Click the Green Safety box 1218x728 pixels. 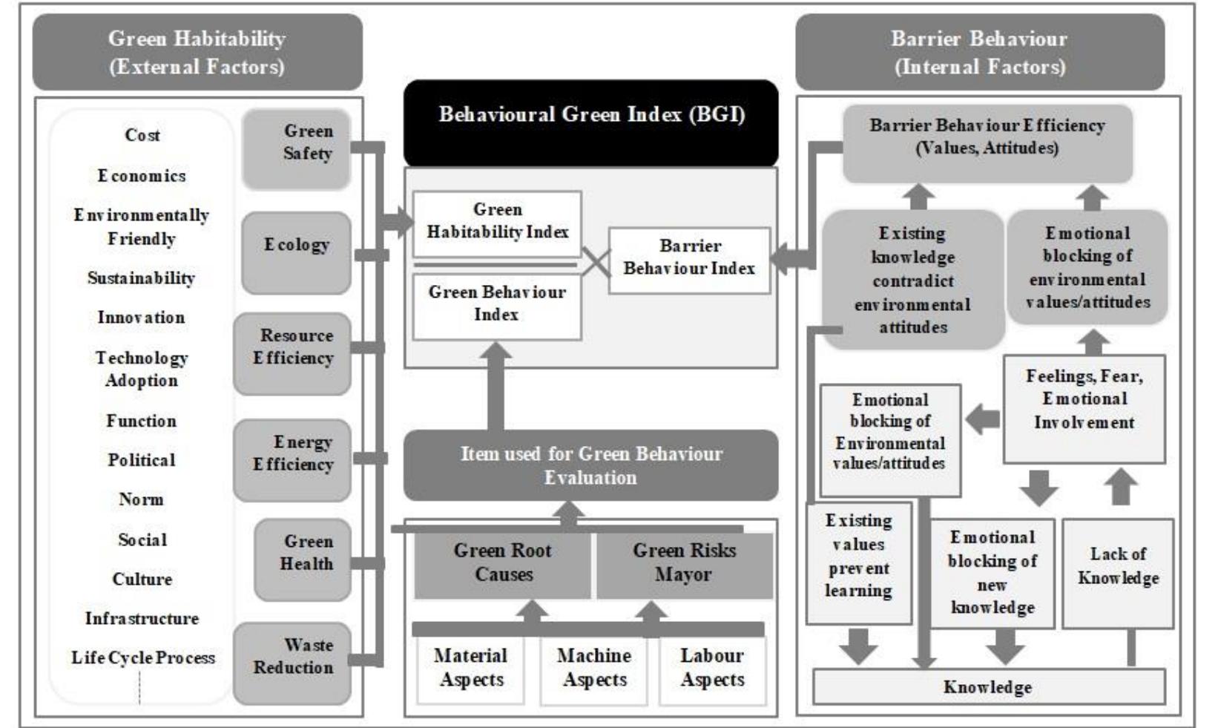[x=297, y=148]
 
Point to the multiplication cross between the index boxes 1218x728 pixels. [x=595, y=262]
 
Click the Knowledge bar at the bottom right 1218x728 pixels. [x=988, y=687]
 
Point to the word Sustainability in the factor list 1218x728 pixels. [x=141, y=278]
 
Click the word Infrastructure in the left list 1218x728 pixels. [x=142, y=618]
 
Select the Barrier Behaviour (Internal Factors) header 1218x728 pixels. [x=979, y=52]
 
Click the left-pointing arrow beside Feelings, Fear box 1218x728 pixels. [x=982, y=420]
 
